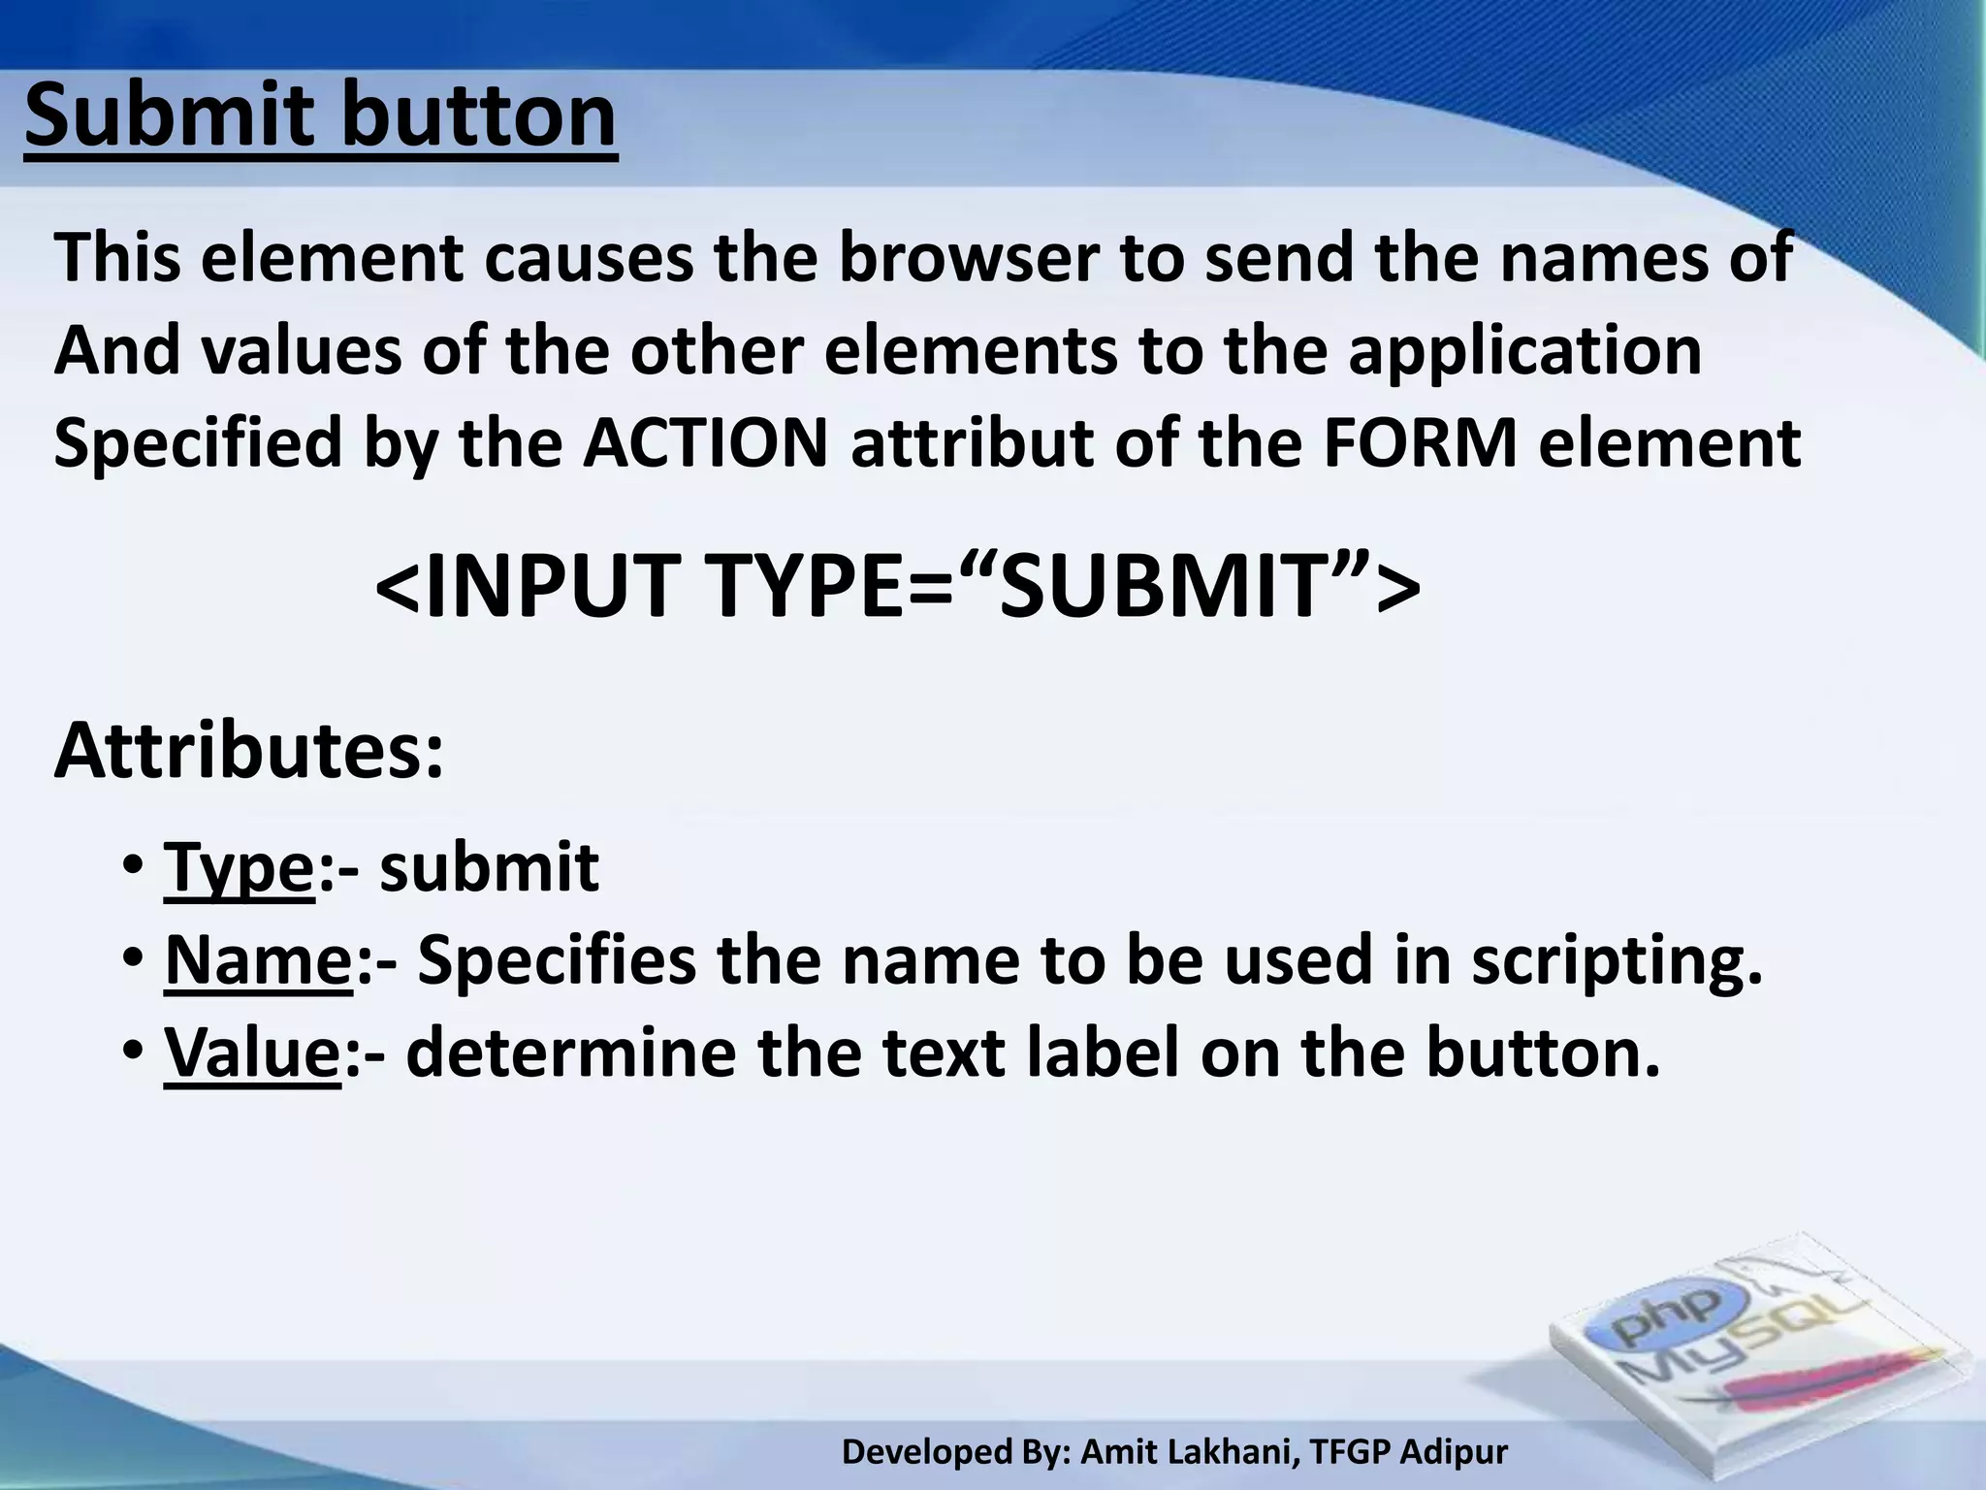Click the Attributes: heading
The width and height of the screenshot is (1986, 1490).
[249, 752]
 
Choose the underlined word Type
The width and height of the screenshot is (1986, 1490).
[239, 869]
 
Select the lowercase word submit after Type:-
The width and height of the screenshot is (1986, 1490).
[489, 867]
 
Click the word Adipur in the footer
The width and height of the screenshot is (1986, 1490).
[1455, 1452]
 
